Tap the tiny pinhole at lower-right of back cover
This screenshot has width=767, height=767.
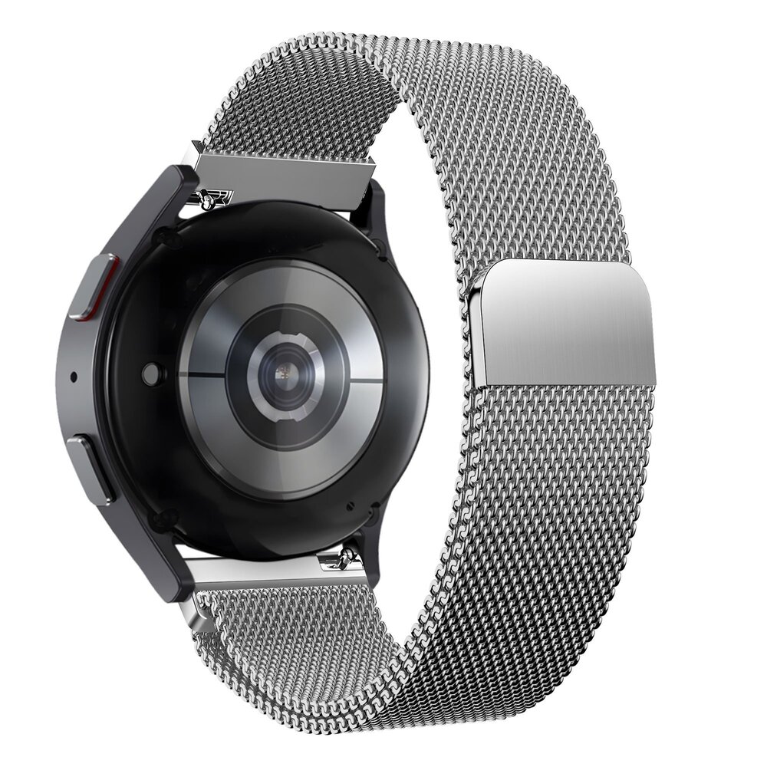349,505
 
